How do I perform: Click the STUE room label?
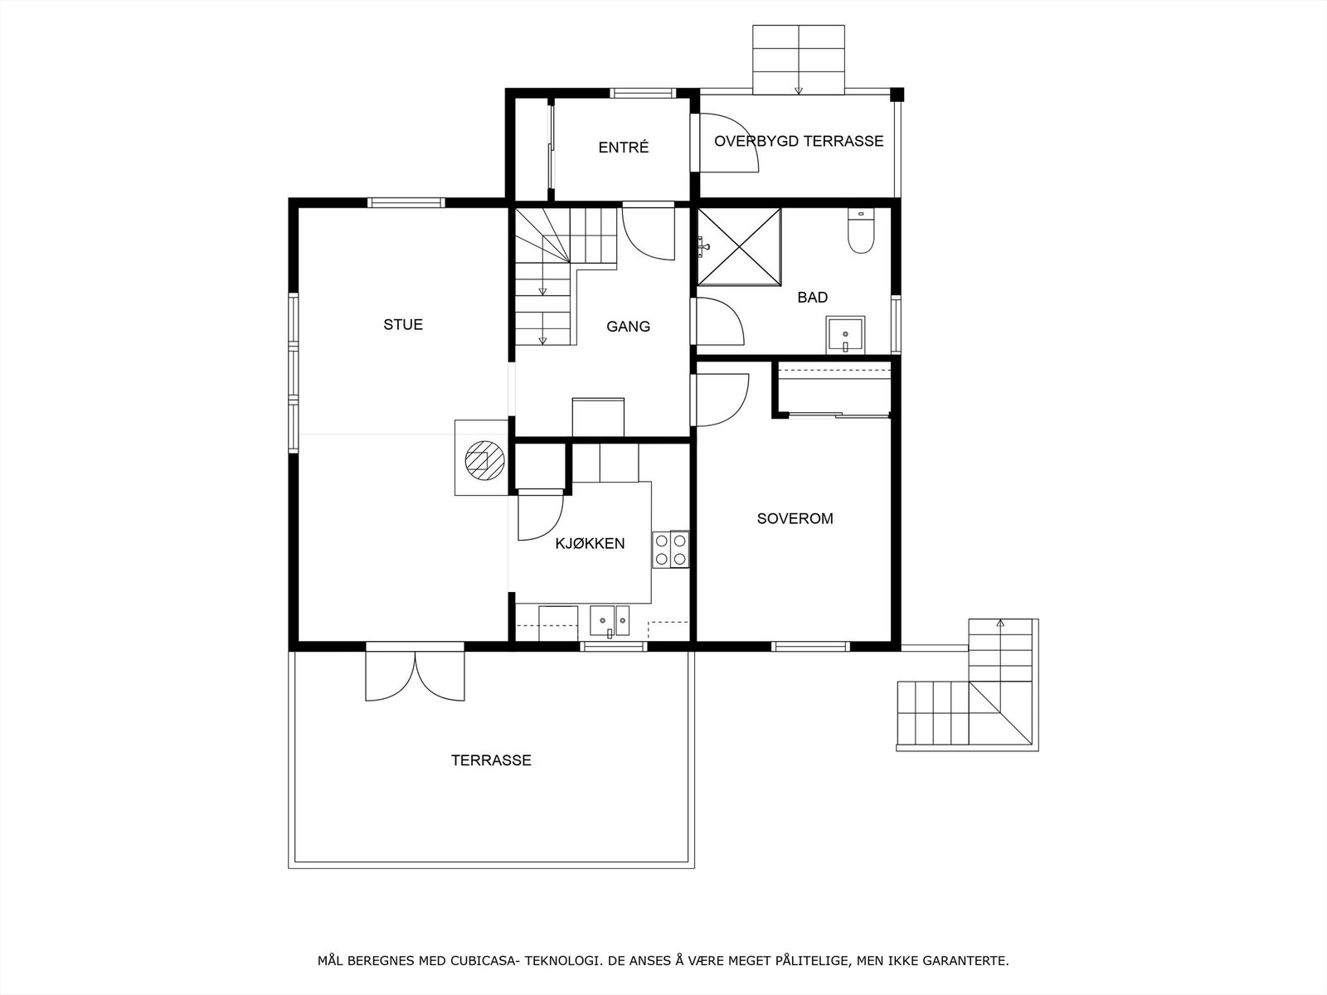(403, 324)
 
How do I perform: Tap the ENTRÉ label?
(624, 148)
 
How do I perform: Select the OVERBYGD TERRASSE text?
(799, 141)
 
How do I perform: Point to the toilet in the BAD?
(862, 232)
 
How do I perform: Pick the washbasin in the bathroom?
(844, 334)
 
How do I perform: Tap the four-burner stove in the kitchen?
(671, 549)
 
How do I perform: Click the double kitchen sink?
(610, 619)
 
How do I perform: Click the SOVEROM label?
(795, 519)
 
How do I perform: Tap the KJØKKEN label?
(590, 544)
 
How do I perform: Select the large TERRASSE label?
(491, 760)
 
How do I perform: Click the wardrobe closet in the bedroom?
(834, 389)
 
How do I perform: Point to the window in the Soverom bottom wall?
(810, 646)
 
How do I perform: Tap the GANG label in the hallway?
(628, 327)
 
